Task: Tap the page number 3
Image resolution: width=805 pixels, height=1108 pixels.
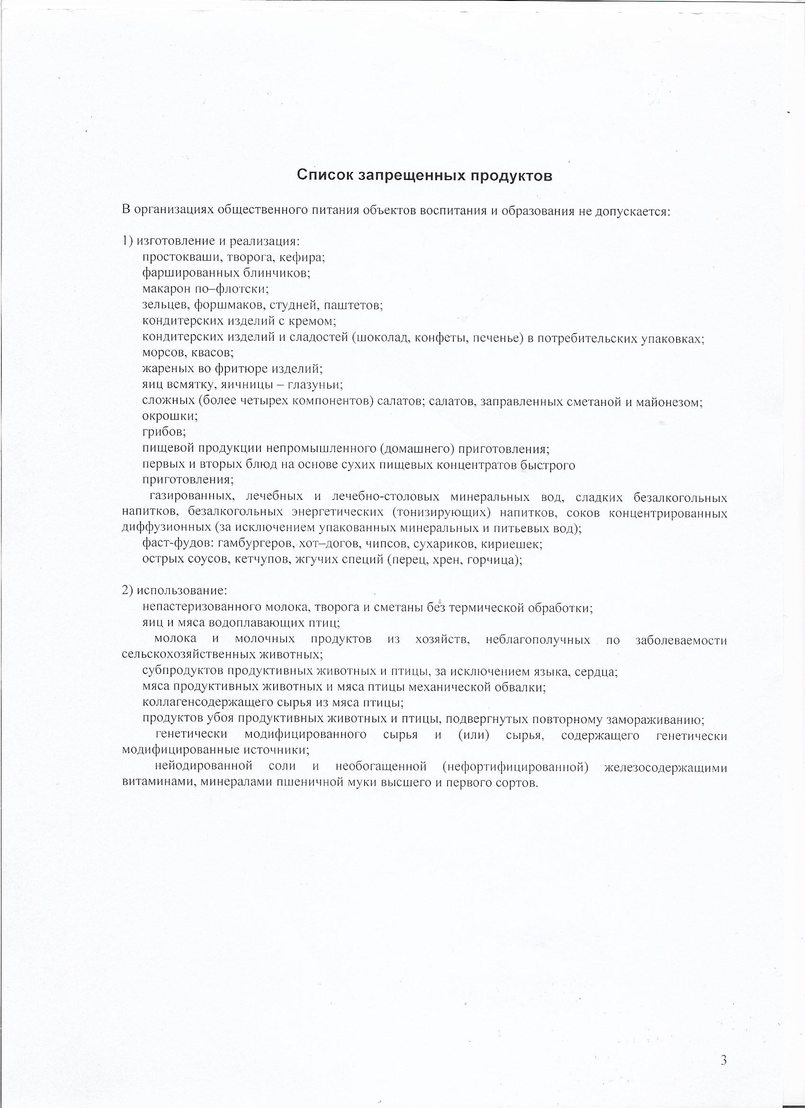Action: pos(723,1056)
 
